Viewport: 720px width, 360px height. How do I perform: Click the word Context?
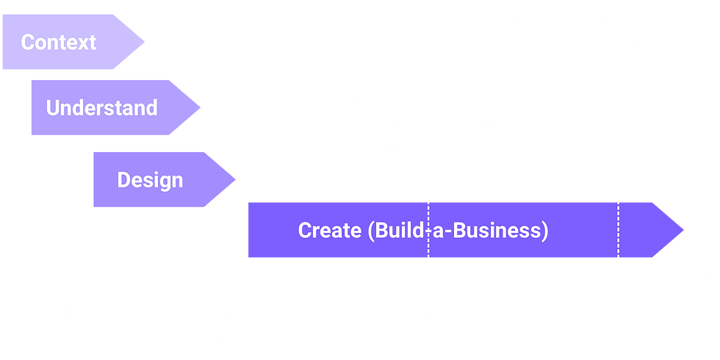click(58, 43)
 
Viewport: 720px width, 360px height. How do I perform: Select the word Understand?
click(102, 108)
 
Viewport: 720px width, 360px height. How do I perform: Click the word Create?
click(330, 230)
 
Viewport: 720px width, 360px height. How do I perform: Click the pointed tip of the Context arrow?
click(145, 42)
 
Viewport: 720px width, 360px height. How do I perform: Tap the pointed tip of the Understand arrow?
click(200, 108)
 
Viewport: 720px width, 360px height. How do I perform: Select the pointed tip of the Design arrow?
click(236, 179)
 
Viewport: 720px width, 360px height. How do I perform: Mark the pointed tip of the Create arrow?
click(684, 229)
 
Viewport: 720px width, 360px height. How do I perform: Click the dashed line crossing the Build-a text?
click(428, 229)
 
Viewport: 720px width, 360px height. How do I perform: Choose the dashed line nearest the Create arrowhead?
click(618, 229)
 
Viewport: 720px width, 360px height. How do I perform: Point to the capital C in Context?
click(27, 43)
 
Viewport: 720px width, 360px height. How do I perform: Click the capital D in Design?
click(124, 179)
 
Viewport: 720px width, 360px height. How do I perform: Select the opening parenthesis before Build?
click(370, 231)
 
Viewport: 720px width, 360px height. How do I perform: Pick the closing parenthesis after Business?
click(544, 231)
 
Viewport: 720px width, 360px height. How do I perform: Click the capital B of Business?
click(459, 230)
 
